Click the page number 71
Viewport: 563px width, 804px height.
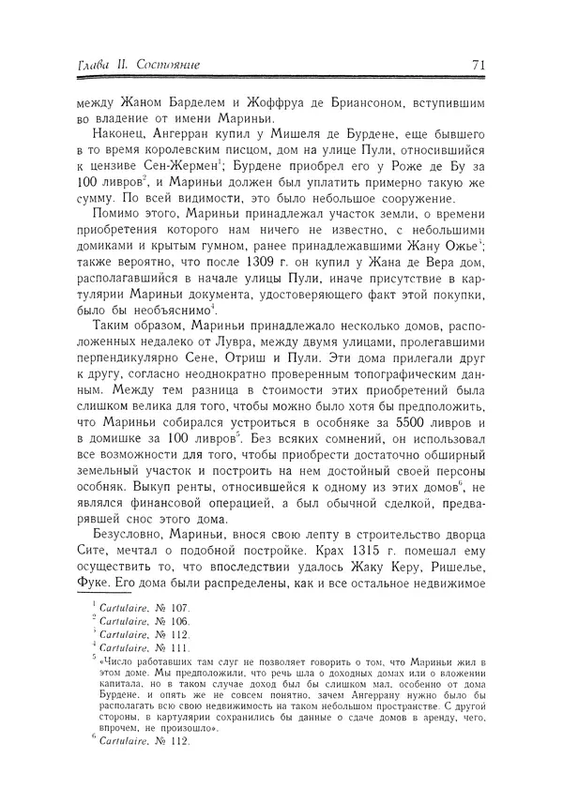tap(476, 65)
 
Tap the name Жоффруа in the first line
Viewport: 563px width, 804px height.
tap(242, 101)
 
